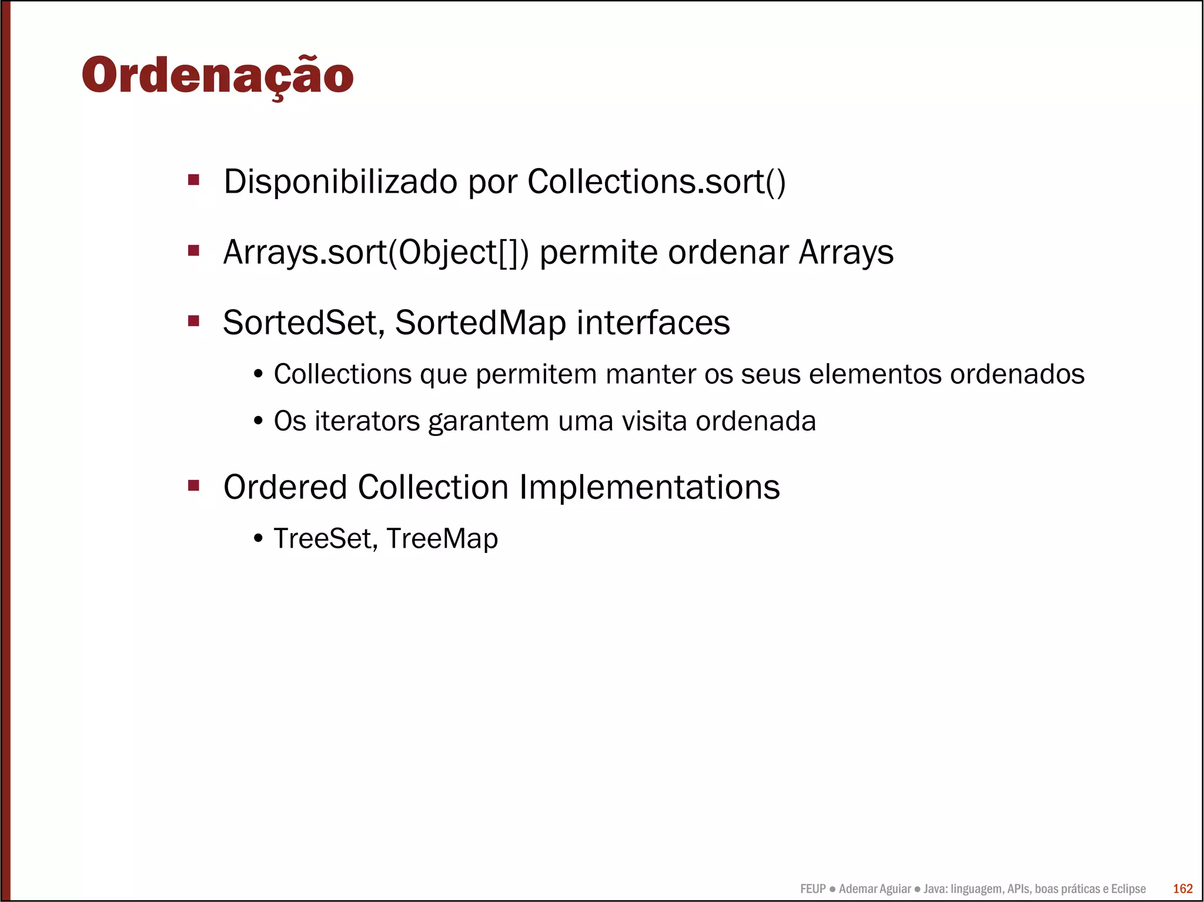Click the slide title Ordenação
click(x=218, y=75)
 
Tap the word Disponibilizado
click(x=340, y=182)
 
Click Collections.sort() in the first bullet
click(x=656, y=182)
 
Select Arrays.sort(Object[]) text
click(x=376, y=252)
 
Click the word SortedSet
click(x=303, y=323)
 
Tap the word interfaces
click(x=653, y=323)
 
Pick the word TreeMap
click(x=442, y=538)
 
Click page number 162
click(x=1183, y=888)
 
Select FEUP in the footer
click(x=813, y=888)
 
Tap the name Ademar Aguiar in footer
click(x=875, y=888)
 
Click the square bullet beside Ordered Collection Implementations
click(x=193, y=486)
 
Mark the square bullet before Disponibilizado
click(x=193, y=179)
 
